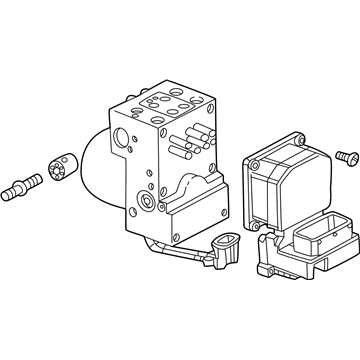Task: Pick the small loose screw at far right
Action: pyautogui.click(x=347, y=157)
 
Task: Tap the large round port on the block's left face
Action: pyautogui.click(x=121, y=136)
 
